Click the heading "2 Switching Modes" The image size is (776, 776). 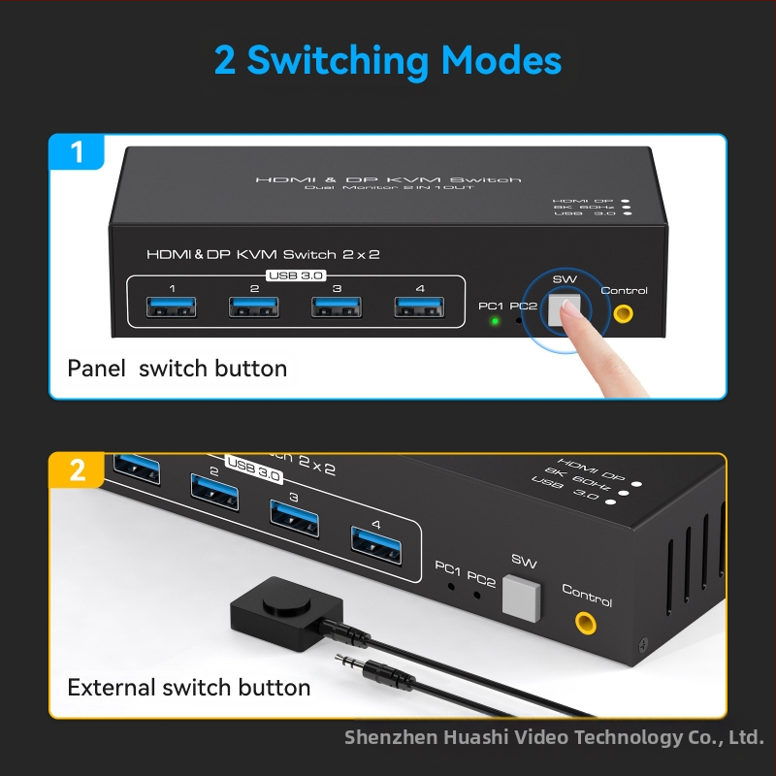click(x=388, y=60)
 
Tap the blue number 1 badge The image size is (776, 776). click(x=78, y=152)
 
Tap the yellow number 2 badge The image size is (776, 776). click(x=78, y=470)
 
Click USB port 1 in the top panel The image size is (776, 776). click(x=172, y=307)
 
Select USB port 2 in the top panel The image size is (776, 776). click(x=254, y=307)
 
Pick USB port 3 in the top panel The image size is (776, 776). click(x=337, y=307)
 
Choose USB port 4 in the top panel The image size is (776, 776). click(x=419, y=307)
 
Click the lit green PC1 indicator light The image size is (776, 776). click(x=495, y=321)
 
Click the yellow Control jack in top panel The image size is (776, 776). click(x=623, y=313)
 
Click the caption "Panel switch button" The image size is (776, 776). click(x=177, y=369)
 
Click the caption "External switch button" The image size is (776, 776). click(x=189, y=688)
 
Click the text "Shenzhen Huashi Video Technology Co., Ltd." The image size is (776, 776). click(x=554, y=737)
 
